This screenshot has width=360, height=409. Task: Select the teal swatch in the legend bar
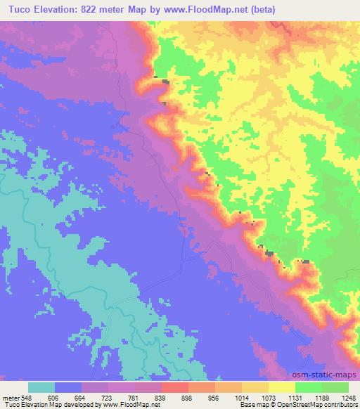pos(41,387)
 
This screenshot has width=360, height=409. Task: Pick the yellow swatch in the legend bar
pos(282,387)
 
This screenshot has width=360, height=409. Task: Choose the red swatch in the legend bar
pos(175,387)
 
